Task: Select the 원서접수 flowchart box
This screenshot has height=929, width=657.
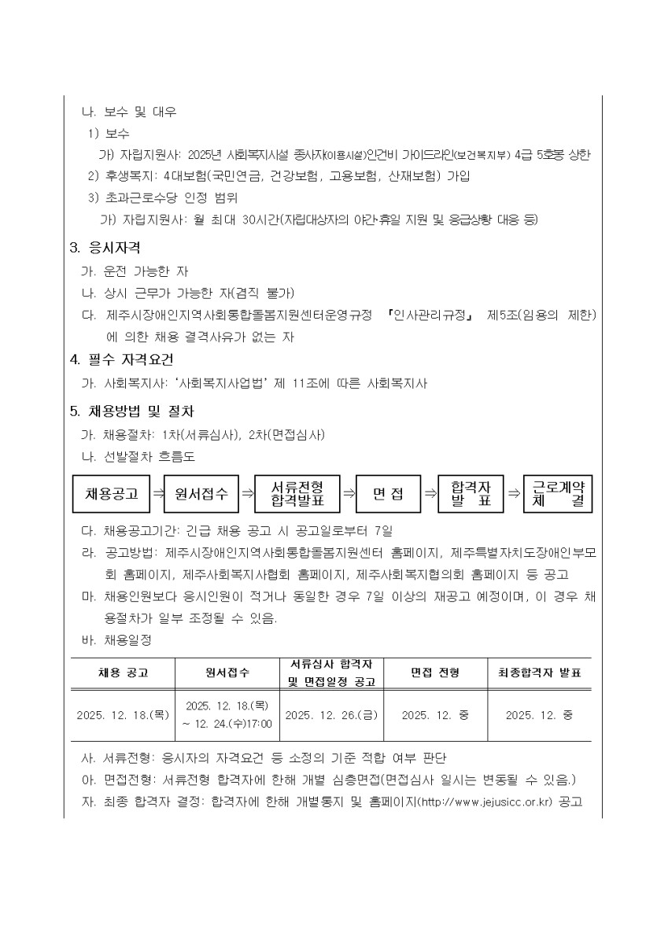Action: (x=201, y=494)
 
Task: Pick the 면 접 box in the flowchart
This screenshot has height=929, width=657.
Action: (x=387, y=494)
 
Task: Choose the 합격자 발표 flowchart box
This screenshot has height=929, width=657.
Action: (x=472, y=494)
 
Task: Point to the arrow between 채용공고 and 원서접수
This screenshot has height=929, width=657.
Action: (x=157, y=494)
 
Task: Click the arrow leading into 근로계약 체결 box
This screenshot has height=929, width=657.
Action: (x=514, y=494)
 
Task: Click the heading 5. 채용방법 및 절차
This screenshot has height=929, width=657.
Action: (x=132, y=411)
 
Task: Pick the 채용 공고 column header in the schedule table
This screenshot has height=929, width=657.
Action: (x=123, y=673)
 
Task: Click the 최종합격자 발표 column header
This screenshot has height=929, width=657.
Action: (x=539, y=673)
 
